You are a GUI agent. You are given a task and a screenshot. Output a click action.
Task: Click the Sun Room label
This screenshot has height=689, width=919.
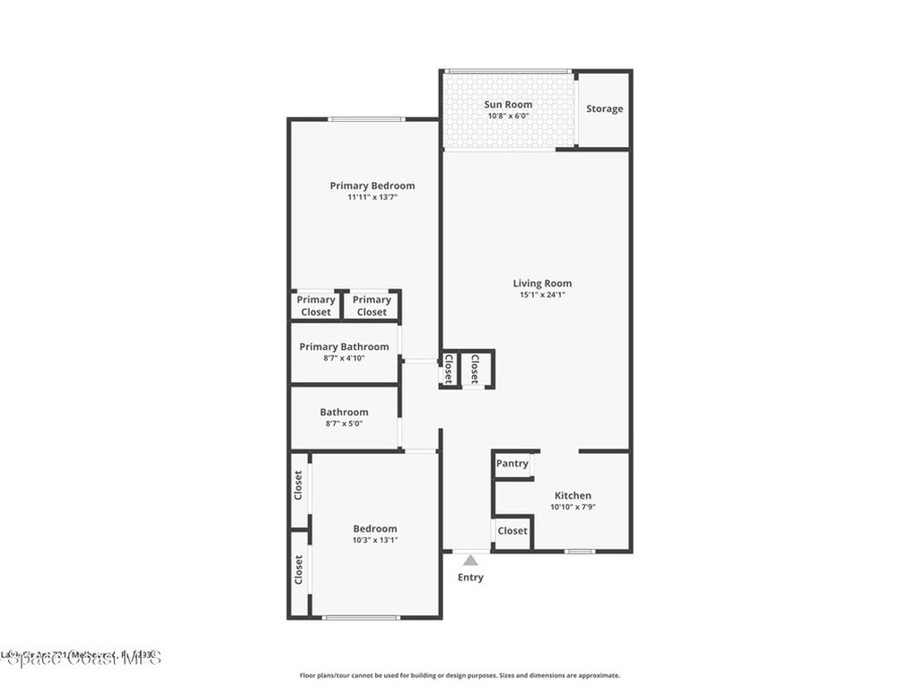pos(508,104)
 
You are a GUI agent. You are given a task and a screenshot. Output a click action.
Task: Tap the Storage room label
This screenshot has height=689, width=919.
pos(604,109)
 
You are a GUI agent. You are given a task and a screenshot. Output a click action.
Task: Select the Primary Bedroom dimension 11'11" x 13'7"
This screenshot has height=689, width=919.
pos(372,197)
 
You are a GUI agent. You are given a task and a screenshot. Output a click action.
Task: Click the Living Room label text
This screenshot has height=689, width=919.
pos(542,283)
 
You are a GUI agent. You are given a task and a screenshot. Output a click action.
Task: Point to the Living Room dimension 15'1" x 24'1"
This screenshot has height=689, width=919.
pos(542,295)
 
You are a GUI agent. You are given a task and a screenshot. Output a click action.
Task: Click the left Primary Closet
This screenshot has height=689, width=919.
pos(315,306)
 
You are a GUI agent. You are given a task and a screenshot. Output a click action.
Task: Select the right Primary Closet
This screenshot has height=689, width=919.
pos(372,306)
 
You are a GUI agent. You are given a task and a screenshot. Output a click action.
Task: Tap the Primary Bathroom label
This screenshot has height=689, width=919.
pos(344,346)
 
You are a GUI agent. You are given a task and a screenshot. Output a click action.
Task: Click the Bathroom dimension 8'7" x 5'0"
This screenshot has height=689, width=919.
pos(344,424)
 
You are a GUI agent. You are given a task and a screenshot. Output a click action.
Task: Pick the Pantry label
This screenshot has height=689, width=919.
pos(512,464)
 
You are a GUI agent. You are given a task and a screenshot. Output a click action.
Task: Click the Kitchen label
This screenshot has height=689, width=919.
pos(573,495)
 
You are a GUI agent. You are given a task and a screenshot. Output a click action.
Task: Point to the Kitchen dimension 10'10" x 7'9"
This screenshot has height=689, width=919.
pos(573,507)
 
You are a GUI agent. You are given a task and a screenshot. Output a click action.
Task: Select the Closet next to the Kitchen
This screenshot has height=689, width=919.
pos(512,530)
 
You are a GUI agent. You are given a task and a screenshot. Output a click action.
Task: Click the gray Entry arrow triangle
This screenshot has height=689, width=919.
pos(470,560)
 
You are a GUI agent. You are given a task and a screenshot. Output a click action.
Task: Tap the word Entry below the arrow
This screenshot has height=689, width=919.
pos(470,578)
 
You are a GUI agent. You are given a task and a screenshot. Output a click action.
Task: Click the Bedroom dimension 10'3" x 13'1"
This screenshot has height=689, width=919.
pos(374,540)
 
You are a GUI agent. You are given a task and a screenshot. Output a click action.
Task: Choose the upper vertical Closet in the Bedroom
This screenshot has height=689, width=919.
pos(298,486)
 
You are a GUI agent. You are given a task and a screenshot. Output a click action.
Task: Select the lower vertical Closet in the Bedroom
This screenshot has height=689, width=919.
pos(298,570)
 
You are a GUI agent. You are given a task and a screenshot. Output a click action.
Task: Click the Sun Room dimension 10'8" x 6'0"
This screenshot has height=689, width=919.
pos(508,116)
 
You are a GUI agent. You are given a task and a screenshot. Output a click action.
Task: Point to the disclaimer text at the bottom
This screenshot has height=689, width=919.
pos(459,676)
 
